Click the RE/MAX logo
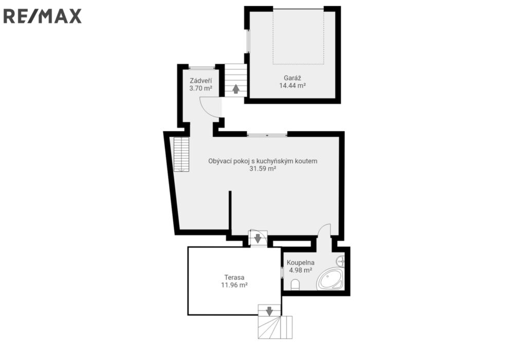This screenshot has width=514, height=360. pos(42,16)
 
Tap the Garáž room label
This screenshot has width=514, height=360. pos(292,78)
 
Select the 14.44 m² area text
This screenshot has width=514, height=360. pos(292,85)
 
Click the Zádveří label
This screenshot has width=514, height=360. pos(200,81)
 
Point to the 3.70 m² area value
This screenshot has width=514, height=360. pos(200,88)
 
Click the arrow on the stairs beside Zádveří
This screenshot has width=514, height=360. pos(236,89)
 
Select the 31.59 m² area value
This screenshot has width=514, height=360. pos(263,169)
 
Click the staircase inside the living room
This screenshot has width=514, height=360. pos(181,154)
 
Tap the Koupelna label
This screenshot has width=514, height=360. pos(301,263)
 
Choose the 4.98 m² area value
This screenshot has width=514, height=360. pos(301,270)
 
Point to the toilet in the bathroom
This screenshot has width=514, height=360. pos(296,284)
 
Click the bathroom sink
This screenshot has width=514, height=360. pos(340,261)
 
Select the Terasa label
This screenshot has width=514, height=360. pos(234,277)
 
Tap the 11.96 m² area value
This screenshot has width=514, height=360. pos(234,285)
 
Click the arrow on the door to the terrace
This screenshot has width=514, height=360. pos(258,238)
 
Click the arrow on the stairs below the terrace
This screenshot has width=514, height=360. pos(269,311)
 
